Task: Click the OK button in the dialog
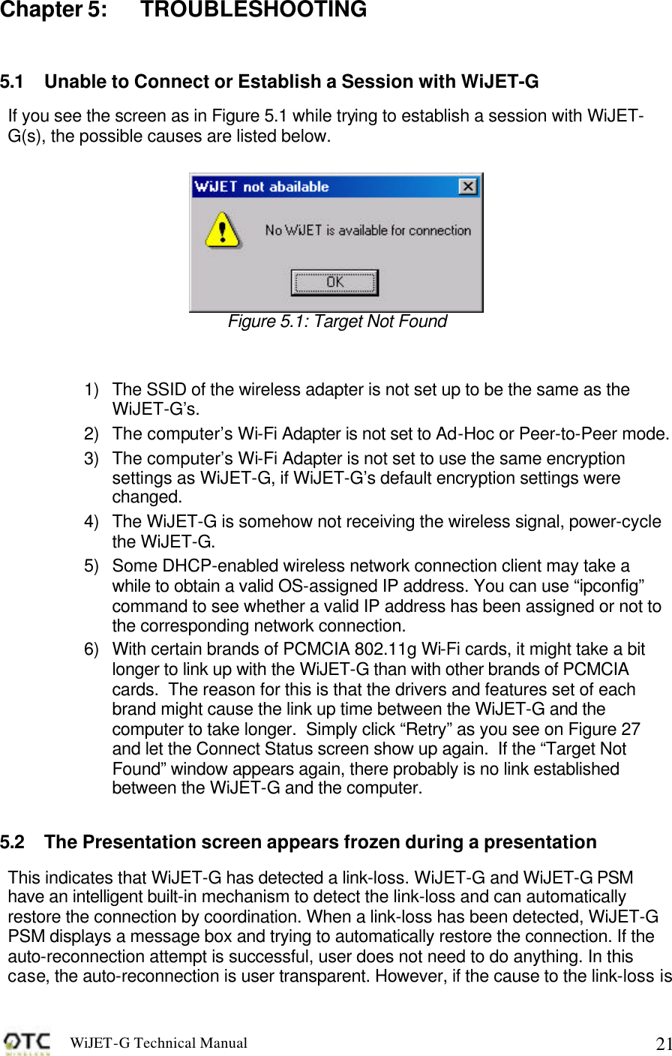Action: point(334,283)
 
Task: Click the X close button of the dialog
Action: point(468,187)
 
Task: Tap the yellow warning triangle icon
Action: point(223,229)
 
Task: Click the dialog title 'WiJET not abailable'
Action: point(261,187)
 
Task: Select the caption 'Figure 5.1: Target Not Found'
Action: point(337,322)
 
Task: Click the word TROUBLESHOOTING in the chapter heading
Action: point(253,10)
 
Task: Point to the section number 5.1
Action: point(12,82)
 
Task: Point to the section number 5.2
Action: point(12,842)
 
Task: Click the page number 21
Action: point(662,1044)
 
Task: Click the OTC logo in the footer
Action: point(28,1043)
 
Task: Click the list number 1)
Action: point(91,390)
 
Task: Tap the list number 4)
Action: point(91,522)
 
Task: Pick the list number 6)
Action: point(91,649)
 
